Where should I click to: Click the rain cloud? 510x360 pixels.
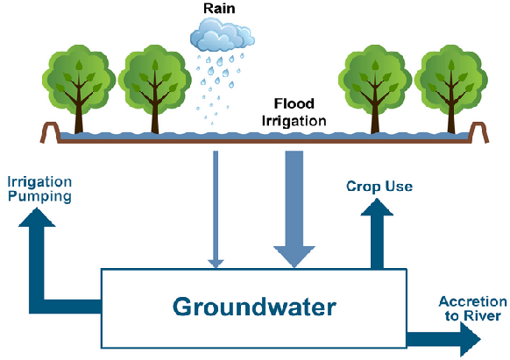click(x=223, y=35)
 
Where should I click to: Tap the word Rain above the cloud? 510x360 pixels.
click(x=219, y=9)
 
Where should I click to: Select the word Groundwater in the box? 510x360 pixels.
click(x=254, y=307)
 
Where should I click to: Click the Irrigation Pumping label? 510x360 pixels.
click(x=39, y=189)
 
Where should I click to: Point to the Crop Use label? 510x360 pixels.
click(x=379, y=187)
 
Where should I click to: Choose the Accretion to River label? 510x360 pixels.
click(x=472, y=309)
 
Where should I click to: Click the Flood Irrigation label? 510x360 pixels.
click(x=294, y=112)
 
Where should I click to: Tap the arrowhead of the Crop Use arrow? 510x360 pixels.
click(x=377, y=208)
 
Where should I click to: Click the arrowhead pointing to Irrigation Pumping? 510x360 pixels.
click(x=37, y=217)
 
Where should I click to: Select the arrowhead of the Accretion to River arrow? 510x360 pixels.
click(x=471, y=339)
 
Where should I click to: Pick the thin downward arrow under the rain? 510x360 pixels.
click(x=216, y=209)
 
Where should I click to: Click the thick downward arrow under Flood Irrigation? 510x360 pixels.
click(x=294, y=209)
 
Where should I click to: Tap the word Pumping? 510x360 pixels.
click(x=39, y=197)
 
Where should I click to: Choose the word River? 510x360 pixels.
click(x=480, y=316)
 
